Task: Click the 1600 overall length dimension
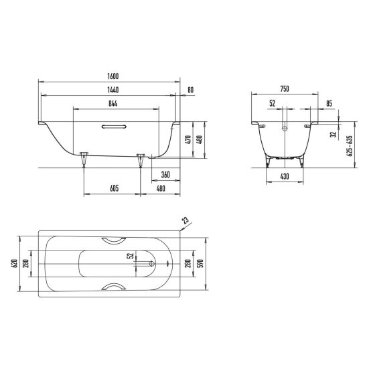[113, 76]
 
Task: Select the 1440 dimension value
[113, 90]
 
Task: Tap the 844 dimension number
[113, 103]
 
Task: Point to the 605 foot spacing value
[115, 188]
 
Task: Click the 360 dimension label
[165, 175]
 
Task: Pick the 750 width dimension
[285, 89]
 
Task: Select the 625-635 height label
[349, 146]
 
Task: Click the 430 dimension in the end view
[285, 176]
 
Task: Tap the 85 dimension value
[329, 103]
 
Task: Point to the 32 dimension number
[334, 135]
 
